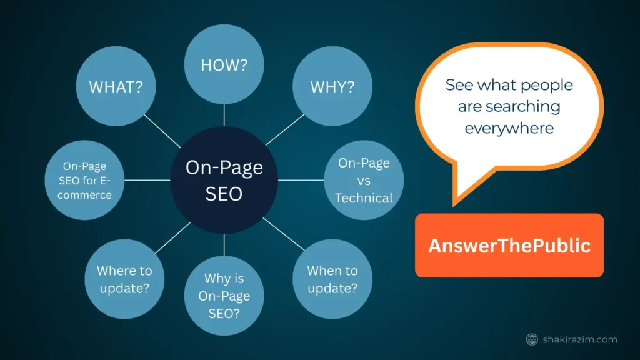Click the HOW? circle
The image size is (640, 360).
pos(224,64)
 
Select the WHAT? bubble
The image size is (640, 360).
pos(116,86)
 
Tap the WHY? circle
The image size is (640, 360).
pos(332,86)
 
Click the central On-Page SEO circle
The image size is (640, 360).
pos(224,180)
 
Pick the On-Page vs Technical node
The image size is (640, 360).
pos(364,180)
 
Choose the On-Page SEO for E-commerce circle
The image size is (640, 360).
pos(84,180)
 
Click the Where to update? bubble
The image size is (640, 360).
pos(124,279)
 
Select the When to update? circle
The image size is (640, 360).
pos(332,279)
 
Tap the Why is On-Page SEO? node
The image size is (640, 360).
pos(224,296)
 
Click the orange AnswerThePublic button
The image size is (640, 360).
pos(509,245)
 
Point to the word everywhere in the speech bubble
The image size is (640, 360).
pos(509,128)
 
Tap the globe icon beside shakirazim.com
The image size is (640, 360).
pos(532,339)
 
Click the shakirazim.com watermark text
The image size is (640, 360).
pos(580,339)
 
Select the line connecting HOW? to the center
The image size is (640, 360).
pos(224,115)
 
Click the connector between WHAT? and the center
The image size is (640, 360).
pos(162,131)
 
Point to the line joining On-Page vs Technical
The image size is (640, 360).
pos(301,180)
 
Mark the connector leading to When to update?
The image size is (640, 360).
pos(284,234)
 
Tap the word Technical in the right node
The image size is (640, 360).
pos(364,198)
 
